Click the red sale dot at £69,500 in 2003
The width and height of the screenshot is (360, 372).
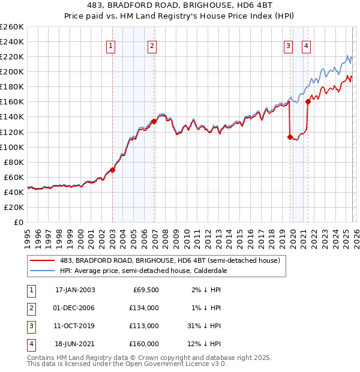[112, 170]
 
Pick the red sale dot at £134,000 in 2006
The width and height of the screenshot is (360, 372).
[154, 121]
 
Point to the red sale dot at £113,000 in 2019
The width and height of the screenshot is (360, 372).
[290, 137]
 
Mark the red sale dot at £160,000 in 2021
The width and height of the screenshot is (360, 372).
[308, 101]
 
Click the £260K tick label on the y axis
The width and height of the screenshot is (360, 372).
[12, 27]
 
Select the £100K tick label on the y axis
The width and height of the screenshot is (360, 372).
[12, 147]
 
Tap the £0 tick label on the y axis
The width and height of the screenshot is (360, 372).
[17, 222]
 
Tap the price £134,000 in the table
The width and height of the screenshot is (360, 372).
[144, 307]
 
